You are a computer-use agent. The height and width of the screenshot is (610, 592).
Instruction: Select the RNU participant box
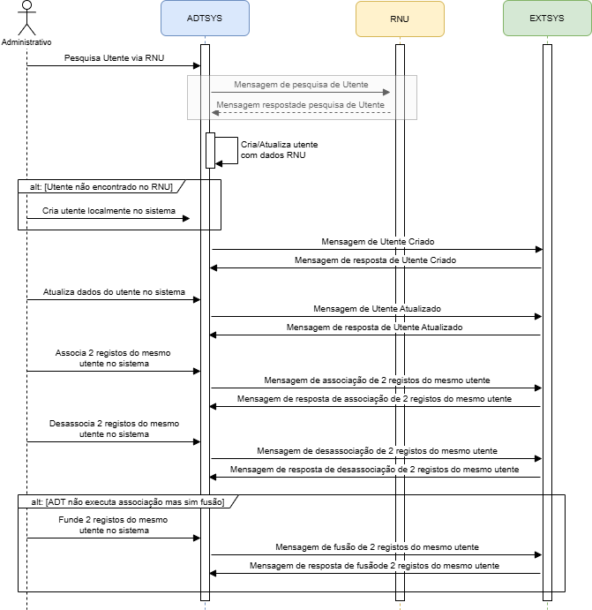click(x=400, y=19)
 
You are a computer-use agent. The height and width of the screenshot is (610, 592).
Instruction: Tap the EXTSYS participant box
click(x=546, y=19)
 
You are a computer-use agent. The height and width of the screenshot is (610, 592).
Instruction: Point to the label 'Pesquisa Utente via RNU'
click(x=114, y=58)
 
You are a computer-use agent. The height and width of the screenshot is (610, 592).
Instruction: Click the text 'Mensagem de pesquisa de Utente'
click(x=301, y=85)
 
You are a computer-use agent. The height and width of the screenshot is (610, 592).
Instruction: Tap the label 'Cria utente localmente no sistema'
click(x=109, y=212)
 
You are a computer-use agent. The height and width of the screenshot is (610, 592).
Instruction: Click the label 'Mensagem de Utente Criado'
click(x=376, y=241)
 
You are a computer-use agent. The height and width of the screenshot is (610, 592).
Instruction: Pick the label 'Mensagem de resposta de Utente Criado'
click(x=376, y=260)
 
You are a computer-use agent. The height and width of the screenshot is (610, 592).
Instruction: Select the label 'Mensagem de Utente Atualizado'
click(x=377, y=308)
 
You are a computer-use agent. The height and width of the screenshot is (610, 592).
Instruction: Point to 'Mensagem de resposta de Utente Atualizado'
click(x=374, y=327)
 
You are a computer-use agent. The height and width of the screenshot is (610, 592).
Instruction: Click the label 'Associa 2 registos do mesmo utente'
click(x=113, y=358)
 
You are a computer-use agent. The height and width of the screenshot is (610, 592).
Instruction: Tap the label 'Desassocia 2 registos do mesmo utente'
click(x=115, y=429)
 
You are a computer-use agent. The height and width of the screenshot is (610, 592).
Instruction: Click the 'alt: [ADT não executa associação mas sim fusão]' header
click(x=127, y=501)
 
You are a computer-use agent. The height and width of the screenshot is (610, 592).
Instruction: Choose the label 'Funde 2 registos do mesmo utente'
click(x=115, y=525)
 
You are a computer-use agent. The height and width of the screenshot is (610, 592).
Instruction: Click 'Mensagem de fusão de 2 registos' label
click(x=377, y=547)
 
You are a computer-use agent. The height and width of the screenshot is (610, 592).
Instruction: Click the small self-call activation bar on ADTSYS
click(x=211, y=149)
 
